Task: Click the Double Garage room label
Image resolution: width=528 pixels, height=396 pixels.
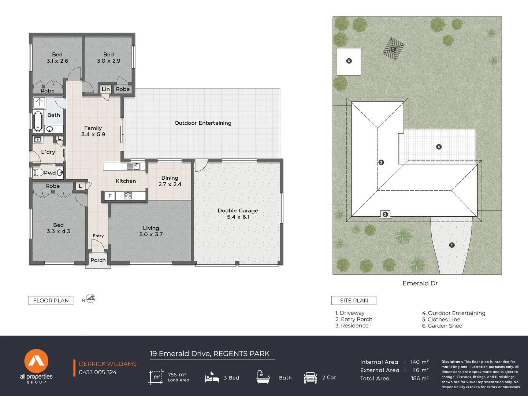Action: tap(238, 213)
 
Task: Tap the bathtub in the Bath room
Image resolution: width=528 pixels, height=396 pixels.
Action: tap(38, 121)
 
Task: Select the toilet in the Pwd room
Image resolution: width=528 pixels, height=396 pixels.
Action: tap(38, 172)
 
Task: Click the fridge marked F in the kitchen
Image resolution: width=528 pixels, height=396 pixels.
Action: tap(109, 196)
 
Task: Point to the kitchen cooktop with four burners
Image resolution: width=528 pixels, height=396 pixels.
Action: tap(128, 196)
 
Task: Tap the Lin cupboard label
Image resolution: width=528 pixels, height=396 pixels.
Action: tap(106, 89)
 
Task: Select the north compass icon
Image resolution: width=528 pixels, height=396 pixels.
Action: tap(90, 299)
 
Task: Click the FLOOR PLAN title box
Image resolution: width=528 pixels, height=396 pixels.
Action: tap(51, 300)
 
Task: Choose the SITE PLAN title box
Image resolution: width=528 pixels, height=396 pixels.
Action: tap(354, 300)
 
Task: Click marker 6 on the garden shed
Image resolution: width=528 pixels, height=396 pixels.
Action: tap(349, 61)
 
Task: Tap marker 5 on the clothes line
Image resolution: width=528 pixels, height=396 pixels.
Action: tap(393, 49)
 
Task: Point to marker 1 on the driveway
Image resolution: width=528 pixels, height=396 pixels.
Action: tap(452, 245)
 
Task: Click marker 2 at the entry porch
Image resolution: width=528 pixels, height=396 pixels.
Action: tap(385, 214)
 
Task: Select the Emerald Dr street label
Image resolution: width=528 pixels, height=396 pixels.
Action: tap(420, 283)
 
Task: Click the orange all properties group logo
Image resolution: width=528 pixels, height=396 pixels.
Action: tap(36, 361)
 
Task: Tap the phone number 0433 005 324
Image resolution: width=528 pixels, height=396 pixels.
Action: tap(98, 372)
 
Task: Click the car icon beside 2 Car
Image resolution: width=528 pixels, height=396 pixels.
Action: tap(310, 378)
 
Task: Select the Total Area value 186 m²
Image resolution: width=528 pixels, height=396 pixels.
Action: tap(419, 378)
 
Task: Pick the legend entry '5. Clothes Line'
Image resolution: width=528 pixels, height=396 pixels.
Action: tap(441, 319)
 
